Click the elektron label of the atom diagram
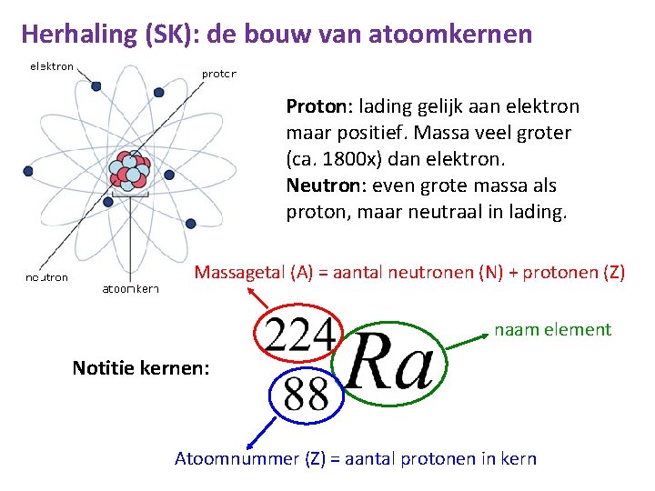point(52,66)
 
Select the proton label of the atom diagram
point(218,74)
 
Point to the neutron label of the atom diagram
point(46,277)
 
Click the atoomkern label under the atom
point(130,289)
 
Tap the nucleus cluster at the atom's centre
point(128,174)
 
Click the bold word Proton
point(313,106)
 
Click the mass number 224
point(300,337)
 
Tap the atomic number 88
point(307,394)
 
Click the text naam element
point(552,329)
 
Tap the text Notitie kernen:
point(140,368)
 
